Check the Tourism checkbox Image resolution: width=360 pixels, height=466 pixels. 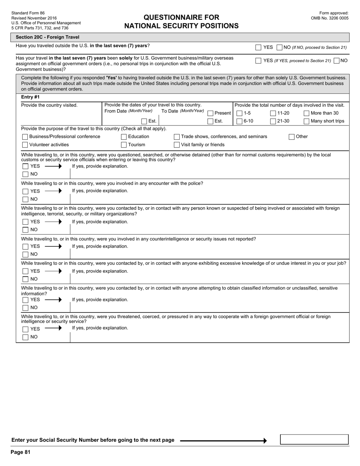click(124, 145)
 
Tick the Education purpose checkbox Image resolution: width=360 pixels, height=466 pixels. click(124, 137)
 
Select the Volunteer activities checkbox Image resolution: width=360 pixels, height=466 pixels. click(25, 145)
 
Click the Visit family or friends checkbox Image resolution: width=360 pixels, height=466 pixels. click(177, 145)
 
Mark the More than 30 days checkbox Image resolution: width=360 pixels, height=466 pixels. click(307, 113)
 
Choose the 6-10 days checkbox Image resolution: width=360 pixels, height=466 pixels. click(239, 121)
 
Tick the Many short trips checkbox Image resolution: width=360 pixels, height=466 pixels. click(307, 121)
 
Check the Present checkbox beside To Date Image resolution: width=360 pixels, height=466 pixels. click(210, 113)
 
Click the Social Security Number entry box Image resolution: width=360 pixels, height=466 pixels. click(314, 439)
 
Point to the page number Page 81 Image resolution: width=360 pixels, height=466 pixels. click(20, 452)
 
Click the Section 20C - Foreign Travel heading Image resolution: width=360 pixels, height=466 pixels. click(47, 37)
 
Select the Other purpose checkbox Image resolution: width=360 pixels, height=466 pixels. click(291, 137)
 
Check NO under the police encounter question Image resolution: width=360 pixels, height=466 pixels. click(25, 199)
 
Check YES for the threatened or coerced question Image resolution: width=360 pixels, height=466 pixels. click(25, 329)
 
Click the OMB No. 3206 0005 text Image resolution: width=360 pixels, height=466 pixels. click(329, 18)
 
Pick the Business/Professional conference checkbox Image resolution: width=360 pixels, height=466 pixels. click(25, 137)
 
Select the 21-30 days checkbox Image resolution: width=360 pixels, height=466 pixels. click(273, 121)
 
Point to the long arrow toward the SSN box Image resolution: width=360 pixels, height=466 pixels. click(223, 441)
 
